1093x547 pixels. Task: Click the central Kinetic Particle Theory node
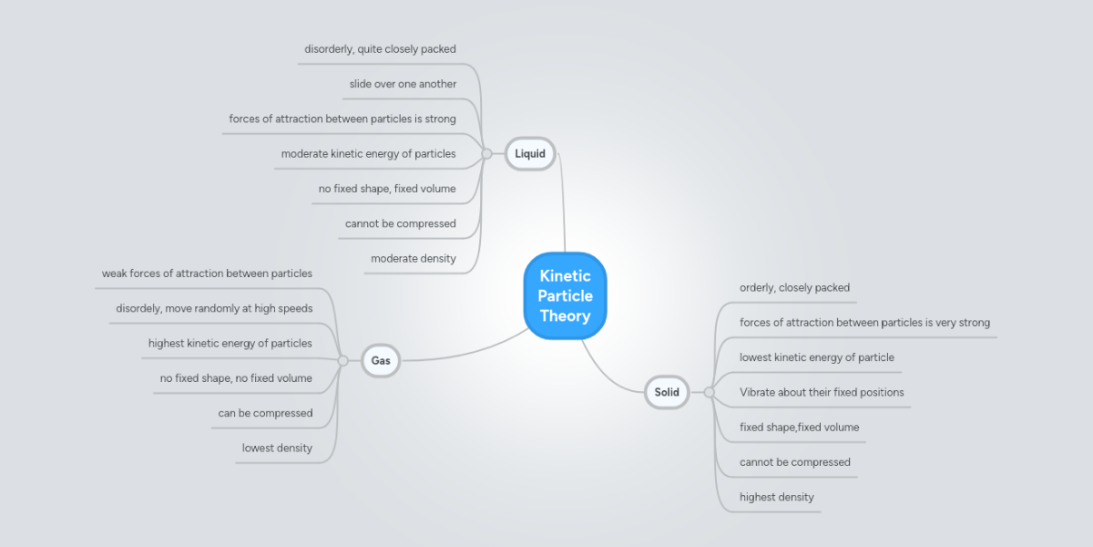click(x=565, y=295)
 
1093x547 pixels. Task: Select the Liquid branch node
click(x=530, y=153)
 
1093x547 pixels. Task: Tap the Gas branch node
click(x=381, y=360)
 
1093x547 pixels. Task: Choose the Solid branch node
click(x=667, y=392)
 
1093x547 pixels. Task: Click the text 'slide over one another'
click(x=403, y=84)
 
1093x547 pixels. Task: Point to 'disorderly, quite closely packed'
click(x=380, y=49)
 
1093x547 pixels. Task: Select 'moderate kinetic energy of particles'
click(x=368, y=154)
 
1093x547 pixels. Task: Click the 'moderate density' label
click(x=413, y=259)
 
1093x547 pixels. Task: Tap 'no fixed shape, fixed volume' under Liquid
click(x=387, y=189)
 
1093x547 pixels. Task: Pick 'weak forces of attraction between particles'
click(x=207, y=273)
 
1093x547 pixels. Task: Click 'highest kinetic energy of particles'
click(x=230, y=344)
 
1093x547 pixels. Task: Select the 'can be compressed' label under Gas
click(x=265, y=413)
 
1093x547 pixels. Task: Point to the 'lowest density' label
click(x=277, y=448)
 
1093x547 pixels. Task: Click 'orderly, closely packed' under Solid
click(x=794, y=287)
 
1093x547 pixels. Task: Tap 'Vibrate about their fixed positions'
click(x=822, y=392)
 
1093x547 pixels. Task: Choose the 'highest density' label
click(x=776, y=497)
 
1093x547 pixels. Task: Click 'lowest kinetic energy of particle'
click(x=816, y=357)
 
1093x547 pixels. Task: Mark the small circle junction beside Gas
click(x=342, y=360)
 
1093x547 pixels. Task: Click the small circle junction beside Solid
click(x=709, y=392)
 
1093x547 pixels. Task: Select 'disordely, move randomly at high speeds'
click(x=214, y=308)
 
